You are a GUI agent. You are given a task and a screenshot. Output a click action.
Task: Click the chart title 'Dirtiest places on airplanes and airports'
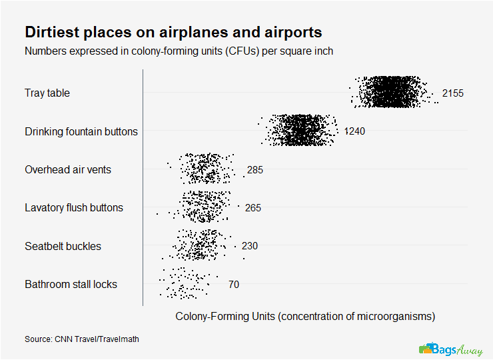(x=173, y=32)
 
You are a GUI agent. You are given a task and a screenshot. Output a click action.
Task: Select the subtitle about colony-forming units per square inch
(x=179, y=51)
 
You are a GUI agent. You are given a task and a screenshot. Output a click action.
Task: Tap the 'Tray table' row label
(x=47, y=93)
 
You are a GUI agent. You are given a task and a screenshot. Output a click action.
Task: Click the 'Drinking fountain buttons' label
(x=81, y=131)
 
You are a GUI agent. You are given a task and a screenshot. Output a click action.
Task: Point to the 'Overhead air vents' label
(x=68, y=169)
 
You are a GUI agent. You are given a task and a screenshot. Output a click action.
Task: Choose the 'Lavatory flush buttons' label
(x=74, y=207)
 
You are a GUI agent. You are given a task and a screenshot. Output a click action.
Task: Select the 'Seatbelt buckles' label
(x=63, y=246)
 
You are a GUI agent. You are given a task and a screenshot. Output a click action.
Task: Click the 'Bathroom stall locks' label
(x=71, y=284)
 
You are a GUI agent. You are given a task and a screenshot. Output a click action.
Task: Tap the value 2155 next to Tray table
(x=452, y=93)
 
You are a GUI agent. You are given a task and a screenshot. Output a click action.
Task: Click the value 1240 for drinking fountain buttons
(x=354, y=131)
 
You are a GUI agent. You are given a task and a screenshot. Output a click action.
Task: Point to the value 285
(x=254, y=170)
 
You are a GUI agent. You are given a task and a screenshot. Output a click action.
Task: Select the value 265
(x=253, y=208)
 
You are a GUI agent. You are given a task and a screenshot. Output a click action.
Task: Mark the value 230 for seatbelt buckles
(x=250, y=246)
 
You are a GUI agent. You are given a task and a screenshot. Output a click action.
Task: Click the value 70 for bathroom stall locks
(x=234, y=285)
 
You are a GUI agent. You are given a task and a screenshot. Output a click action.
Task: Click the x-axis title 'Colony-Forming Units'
(x=305, y=315)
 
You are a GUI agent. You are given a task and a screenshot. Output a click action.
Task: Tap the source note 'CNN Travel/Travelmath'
(x=82, y=339)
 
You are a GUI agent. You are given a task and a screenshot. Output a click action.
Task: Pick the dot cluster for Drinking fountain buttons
(x=300, y=130)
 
